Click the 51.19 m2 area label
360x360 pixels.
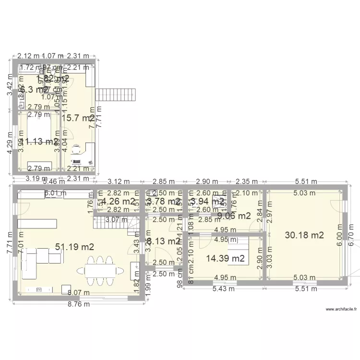click(74, 247)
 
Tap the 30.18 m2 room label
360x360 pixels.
click(304, 235)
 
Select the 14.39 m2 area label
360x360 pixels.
click(226, 258)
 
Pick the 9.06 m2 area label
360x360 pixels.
click(234, 216)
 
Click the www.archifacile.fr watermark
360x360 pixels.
click(341, 310)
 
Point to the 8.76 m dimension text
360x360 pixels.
click(79, 304)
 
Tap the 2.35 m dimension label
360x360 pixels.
click(245, 182)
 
